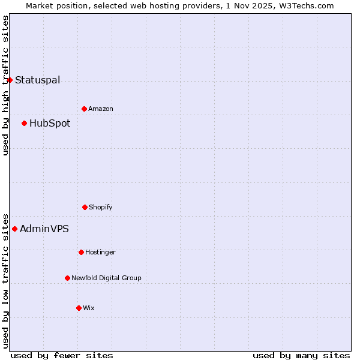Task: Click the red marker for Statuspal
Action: (x=10, y=80)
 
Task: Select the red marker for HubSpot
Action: (x=24, y=123)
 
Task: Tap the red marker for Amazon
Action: (x=84, y=109)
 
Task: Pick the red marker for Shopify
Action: (x=85, y=207)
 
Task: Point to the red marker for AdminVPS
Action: (x=14, y=229)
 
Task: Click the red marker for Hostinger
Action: (x=81, y=252)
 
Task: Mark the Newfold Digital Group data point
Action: (x=67, y=278)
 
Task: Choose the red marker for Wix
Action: (x=79, y=308)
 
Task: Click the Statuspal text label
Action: (x=37, y=80)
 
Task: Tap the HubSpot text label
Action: (x=50, y=123)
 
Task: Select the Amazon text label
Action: (x=101, y=109)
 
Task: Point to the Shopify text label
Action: (x=101, y=207)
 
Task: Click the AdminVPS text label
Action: (x=44, y=229)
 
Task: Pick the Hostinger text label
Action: (x=100, y=252)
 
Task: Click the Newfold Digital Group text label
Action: (x=106, y=278)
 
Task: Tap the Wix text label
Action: (x=89, y=308)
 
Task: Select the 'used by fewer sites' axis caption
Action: (x=62, y=355)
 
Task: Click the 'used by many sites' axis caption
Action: (x=301, y=355)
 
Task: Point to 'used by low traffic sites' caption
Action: (x=5, y=280)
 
